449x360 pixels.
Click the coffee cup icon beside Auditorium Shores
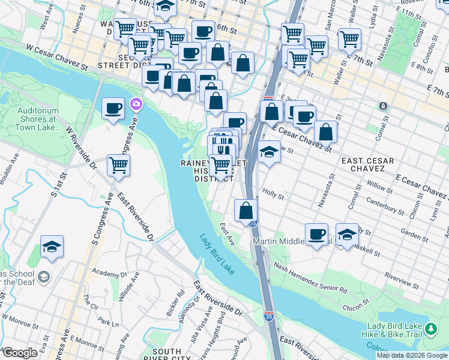click(x=113, y=109)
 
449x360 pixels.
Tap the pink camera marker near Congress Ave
click(x=137, y=105)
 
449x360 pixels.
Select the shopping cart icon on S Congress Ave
click(x=118, y=164)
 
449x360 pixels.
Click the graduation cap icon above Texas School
click(x=52, y=246)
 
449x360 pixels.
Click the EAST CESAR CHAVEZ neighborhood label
click(x=367, y=166)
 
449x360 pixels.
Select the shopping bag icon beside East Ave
click(x=246, y=210)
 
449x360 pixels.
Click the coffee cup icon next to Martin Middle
click(x=316, y=234)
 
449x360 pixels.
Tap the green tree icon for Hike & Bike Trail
click(x=431, y=329)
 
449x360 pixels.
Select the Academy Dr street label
click(x=107, y=274)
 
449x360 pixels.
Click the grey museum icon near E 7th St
click(x=383, y=106)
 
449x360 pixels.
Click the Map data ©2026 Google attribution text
click(x=412, y=355)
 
